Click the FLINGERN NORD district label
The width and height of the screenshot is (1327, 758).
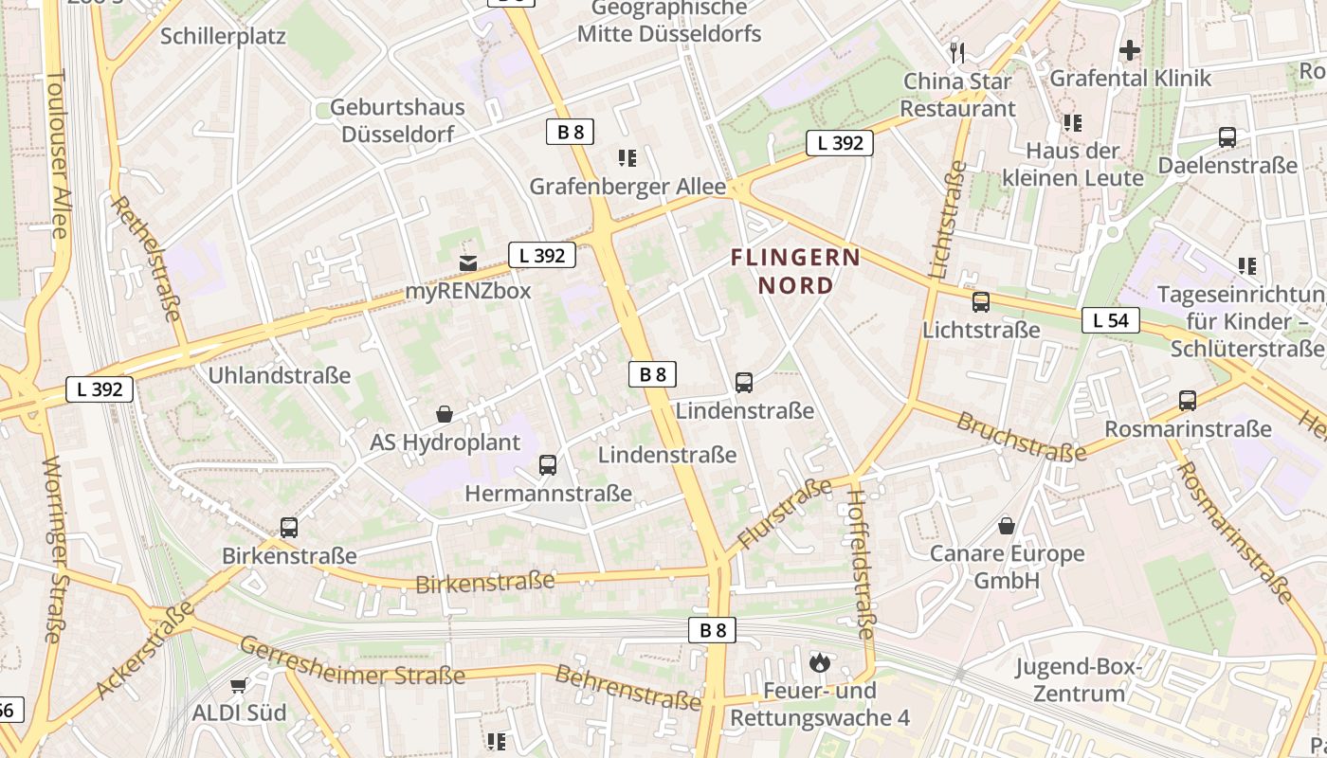pyautogui.click(x=795, y=271)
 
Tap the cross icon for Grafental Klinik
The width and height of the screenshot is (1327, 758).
pyautogui.click(x=1130, y=49)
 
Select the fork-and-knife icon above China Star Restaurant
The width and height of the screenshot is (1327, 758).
pyautogui.click(x=957, y=52)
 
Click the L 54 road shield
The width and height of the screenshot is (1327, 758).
pyautogui.click(x=1110, y=320)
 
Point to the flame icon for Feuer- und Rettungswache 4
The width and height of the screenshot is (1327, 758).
pyautogui.click(x=819, y=662)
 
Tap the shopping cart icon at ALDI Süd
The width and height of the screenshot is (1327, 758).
pyautogui.click(x=239, y=684)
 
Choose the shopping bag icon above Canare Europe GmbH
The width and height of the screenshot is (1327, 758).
pyautogui.click(x=1007, y=525)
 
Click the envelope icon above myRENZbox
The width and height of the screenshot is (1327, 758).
pyautogui.click(x=467, y=262)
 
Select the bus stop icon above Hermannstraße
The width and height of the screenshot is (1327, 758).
pyautogui.click(x=548, y=465)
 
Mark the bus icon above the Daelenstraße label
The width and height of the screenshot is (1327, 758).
pyautogui.click(x=1227, y=137)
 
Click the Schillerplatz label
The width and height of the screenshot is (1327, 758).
pyautogui.click(x=223, y=36)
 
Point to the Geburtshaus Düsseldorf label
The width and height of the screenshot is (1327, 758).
pyautogui.click(x=397, y=120)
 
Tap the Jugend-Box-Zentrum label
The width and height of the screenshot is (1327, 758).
pyautogui.click(x=1079, y=679)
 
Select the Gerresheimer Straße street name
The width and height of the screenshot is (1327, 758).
pyautogui.click(x=352, y=662)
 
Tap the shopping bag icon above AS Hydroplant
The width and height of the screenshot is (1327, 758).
pyautogui.click(x=445, y=414)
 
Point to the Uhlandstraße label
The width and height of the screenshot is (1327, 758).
pyautogui.click(x=280, y=375)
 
